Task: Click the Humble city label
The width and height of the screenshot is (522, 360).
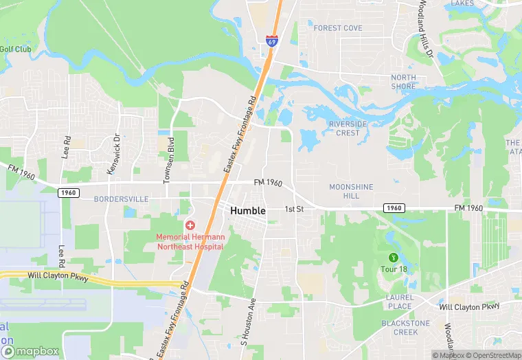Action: (248, 210)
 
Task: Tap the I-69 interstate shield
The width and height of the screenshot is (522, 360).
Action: (272, 41)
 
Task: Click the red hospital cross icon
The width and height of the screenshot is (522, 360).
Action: (190, 225)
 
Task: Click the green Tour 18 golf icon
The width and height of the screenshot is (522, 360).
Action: (394, 258)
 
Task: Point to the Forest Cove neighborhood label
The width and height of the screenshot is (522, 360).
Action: (337, 28)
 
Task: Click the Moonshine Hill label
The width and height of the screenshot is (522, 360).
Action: (351, 191)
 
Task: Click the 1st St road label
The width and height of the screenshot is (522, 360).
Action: (294, 208)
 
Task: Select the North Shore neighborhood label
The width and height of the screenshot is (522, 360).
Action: (403, 82)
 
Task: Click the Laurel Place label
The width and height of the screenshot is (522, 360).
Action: (398, 302)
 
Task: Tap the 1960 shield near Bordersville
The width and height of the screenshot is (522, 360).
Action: (68, 193)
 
